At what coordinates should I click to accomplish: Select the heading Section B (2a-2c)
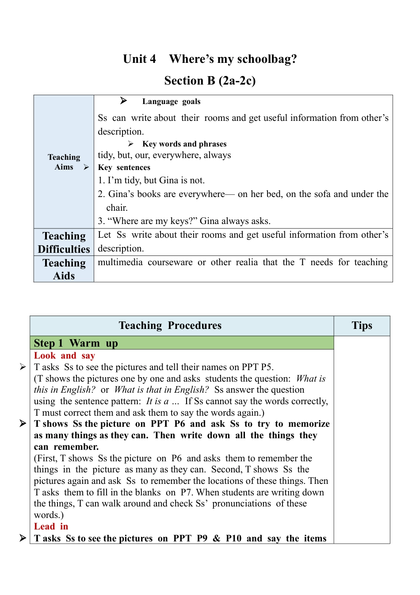210,81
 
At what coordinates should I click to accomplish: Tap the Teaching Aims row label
64,162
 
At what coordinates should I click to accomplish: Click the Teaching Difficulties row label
64,242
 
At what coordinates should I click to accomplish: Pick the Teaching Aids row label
64,269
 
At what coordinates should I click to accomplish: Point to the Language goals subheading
171,101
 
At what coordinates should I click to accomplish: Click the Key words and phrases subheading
184,144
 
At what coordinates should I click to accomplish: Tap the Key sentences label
124,167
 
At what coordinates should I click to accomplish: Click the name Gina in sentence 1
169,180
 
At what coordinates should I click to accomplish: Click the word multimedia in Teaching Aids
120,262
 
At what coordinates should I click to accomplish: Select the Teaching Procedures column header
170,325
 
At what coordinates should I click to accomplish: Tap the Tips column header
362,325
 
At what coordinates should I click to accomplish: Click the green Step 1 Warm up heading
76,343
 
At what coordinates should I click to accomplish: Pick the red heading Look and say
65,355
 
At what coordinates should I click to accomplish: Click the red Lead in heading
51,526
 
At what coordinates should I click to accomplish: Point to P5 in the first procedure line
267,367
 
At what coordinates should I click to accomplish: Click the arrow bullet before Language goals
123,101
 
